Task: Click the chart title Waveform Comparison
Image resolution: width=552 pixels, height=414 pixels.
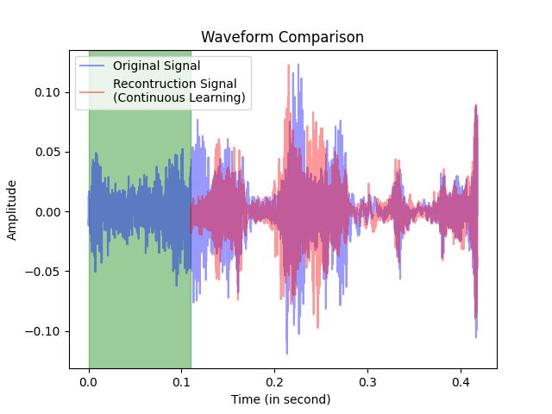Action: click(282, 37)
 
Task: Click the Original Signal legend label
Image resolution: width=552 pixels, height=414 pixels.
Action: click(156, 66)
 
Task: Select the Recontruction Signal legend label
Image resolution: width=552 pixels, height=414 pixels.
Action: click(179, 84)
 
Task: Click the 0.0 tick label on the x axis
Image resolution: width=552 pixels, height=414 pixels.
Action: click(89, 380)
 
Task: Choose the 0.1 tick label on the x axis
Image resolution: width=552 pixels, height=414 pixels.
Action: click(182, 380)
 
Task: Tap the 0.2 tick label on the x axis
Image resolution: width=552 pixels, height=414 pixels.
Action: click(275, 380)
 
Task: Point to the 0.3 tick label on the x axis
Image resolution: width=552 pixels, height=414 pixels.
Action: click(368, 380)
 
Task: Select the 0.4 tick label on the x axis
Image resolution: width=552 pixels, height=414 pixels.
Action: click(461, 380)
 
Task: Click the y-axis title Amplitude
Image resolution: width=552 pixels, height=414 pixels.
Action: click(13, 210)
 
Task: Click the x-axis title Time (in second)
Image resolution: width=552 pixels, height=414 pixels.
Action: click(281, 399)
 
